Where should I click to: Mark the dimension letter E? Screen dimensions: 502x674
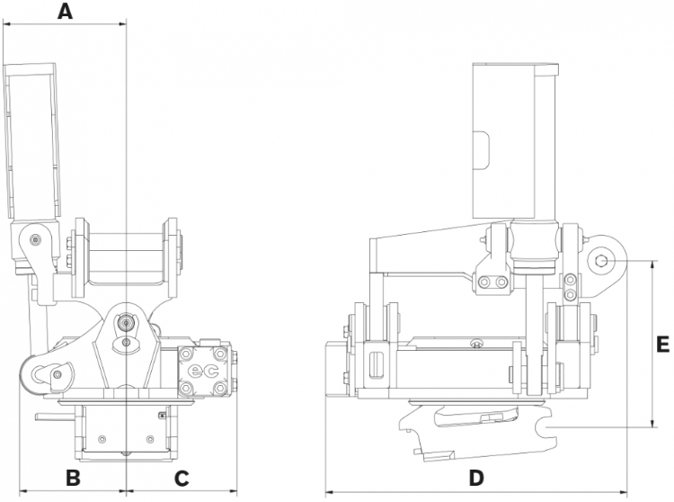[662, 344]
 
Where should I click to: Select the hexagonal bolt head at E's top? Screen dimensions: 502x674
[601, 261]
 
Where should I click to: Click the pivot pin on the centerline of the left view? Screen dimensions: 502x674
[127, 322]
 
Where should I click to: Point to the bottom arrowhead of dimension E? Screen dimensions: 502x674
[649, 426]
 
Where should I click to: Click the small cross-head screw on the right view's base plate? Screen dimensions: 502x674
[477, 342]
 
